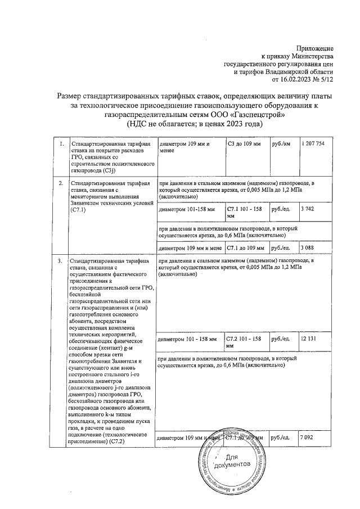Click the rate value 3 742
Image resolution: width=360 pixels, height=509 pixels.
tap(307, 209)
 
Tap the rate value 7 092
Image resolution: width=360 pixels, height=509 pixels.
tap(307, 437)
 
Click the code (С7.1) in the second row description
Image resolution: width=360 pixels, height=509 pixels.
tap(78, 210)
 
